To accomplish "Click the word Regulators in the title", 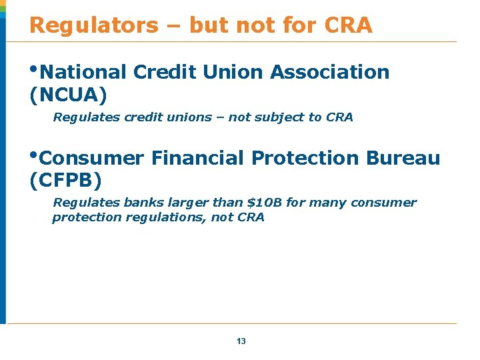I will [x=94, y=25].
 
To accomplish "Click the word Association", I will [x=330, y=72].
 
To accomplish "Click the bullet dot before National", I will [x=34, y=69].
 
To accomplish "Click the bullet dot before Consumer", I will [x=34, y=154].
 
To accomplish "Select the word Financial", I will [x=198, y=159].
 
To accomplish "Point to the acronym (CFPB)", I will [x=66, y=180].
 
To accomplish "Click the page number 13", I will [x=241, y=341].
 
